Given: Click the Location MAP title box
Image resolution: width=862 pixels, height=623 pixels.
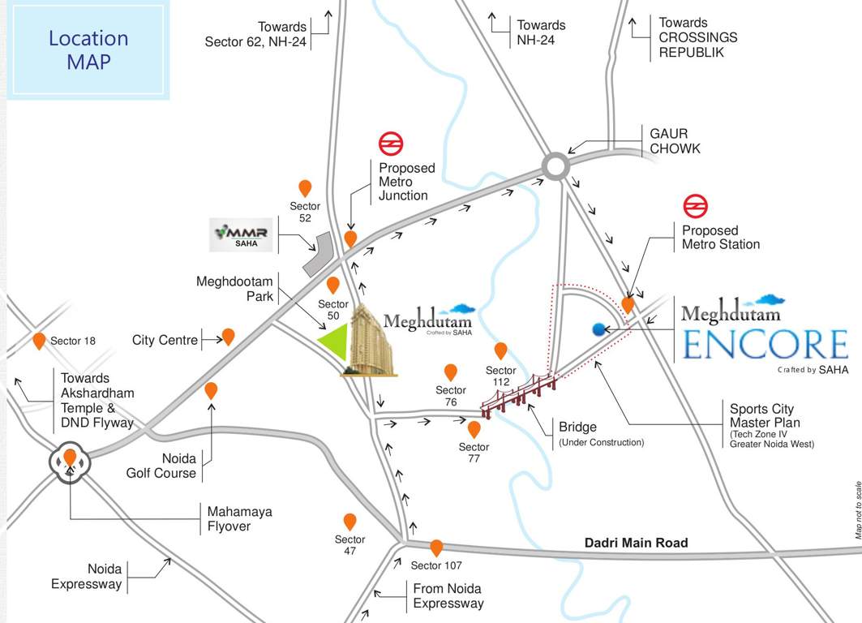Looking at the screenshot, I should (x=88, y=50).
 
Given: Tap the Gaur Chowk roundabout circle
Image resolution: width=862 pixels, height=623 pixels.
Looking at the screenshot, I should (x=555, y=166).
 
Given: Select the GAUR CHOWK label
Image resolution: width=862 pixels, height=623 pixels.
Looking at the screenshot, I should (x=675, y=140).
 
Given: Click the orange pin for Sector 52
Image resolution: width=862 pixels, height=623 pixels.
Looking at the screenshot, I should (x=305, y=188).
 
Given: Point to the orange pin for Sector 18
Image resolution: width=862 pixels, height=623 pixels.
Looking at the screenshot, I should (x=39, y=341).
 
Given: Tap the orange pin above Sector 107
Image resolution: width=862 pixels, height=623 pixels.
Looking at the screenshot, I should (x=436, y=548).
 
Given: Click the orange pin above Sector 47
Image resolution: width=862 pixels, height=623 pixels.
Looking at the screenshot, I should (x=350, y=522).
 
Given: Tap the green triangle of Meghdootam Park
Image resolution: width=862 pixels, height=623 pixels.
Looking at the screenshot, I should (x=335, y=342).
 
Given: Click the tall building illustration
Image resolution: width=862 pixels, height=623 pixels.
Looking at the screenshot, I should (x=372, y=341).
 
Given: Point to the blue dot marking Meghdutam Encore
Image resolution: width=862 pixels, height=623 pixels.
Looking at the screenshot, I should (x=599, y=329).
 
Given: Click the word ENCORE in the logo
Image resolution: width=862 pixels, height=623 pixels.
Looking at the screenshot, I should (x=764, y=345).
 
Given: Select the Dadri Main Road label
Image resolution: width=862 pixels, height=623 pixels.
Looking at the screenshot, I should (x=636, y=543).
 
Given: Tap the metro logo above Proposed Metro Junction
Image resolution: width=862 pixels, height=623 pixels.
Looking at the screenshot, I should (x=391, y=144).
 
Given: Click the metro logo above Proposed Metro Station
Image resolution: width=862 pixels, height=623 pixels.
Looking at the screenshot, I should (x=693, y=206).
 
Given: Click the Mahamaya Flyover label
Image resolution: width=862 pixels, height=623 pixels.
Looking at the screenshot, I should (x=239, y=519).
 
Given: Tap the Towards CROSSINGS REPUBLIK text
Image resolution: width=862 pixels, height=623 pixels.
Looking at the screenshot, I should (x=697, y=37).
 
